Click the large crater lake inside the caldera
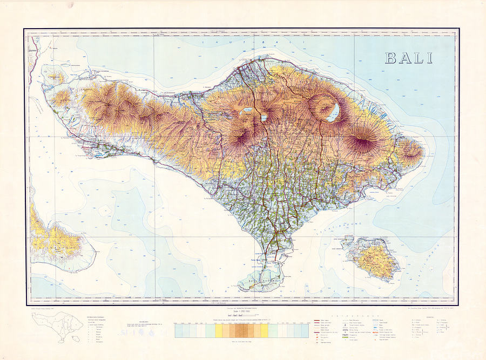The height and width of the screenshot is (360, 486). pos(334,112)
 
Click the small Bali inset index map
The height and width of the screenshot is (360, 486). pos(53,326)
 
